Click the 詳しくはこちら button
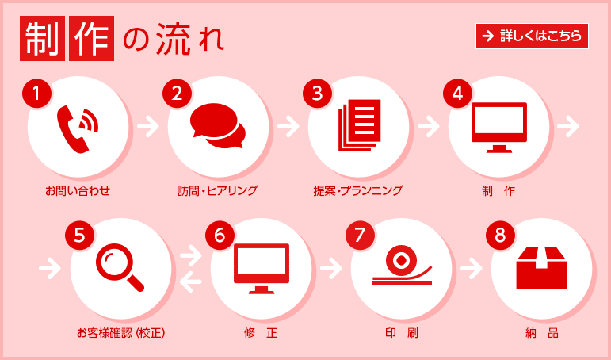point(532,36)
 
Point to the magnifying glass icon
point(120,266)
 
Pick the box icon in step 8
point(542,266)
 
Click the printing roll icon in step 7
point(402,266)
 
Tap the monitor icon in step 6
point(262,268)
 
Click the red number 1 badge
point(36,94)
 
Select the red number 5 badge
point(79,235)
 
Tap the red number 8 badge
point(500,235)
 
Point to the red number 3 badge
point(318,94)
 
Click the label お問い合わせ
point(78,191)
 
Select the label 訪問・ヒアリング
point(218,191)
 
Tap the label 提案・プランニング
point(358,191)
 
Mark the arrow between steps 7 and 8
point(472,268)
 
